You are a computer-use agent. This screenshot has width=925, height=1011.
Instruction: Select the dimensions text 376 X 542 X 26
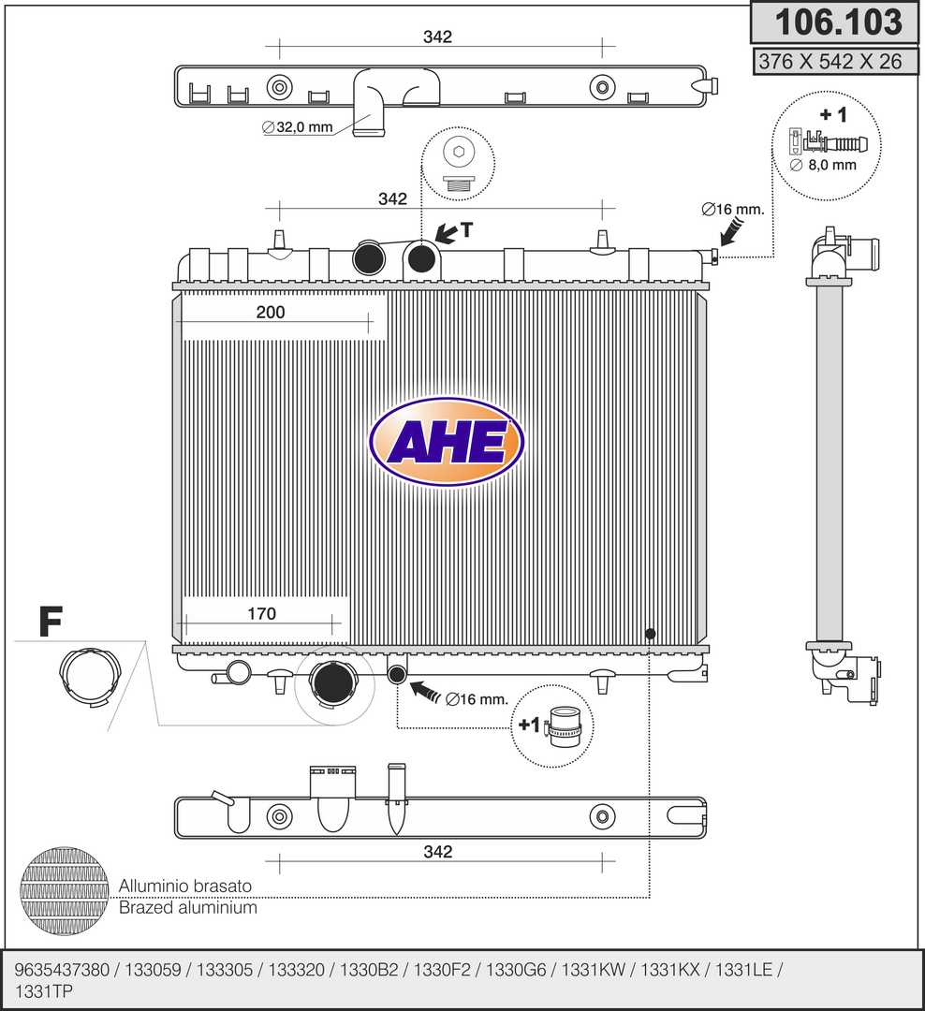click(x=830, y=61)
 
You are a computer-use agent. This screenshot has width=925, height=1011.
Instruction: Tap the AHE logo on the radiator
click(x=447, y=442)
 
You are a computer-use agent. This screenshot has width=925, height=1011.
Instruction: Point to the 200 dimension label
click(x=271, y=312)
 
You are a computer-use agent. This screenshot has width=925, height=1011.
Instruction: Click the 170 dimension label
click(x=261, y=614)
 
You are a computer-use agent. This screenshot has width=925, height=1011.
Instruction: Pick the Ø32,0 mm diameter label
click(x=298, y=127)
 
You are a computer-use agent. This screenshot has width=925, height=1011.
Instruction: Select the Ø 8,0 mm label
click(x=823, y=165)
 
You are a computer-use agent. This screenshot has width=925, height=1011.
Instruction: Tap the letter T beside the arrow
click(x=466, y=229)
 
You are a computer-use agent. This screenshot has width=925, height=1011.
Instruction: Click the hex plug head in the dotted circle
click(x=459, y=153)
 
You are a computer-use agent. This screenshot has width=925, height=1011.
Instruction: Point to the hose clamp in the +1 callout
click(x=563, y=726)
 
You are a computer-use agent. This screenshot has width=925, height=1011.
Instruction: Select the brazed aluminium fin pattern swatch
click(x=65, y=891)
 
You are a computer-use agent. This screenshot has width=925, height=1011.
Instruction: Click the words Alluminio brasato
click(x=185, y=886)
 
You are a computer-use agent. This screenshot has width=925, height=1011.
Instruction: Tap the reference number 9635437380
click(x=62, y=970)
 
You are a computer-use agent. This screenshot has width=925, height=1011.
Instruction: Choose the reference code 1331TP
click(x=44, y=991)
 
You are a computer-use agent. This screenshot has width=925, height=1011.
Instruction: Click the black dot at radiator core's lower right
click(x=650, y=634)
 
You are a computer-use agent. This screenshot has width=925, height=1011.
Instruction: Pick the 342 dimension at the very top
click(x=437, y=37)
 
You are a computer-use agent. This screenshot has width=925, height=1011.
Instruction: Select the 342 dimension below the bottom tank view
click(x=438, y=852)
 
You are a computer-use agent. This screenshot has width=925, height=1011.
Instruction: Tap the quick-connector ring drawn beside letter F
click(x=90, y=677)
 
